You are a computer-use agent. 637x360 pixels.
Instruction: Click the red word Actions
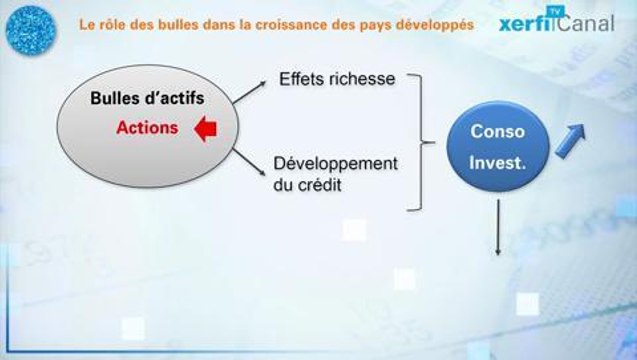tap(148, 129)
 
